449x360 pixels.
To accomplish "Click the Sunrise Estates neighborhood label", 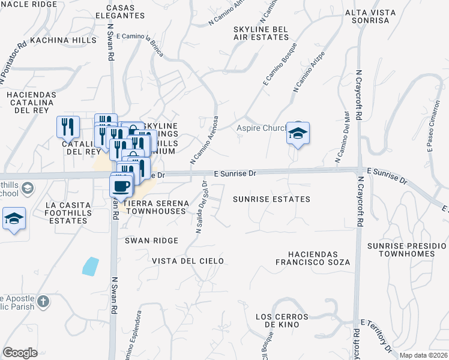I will click(271, 199).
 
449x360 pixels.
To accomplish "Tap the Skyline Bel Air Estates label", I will click(261, 32).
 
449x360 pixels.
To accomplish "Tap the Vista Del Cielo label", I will click(187, 261).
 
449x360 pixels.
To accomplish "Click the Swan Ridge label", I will click(151, 241).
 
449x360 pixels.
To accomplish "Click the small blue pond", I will click(91, 266).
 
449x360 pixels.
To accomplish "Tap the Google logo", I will click(20, 353).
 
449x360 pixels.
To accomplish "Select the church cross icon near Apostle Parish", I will click(43, 301).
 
